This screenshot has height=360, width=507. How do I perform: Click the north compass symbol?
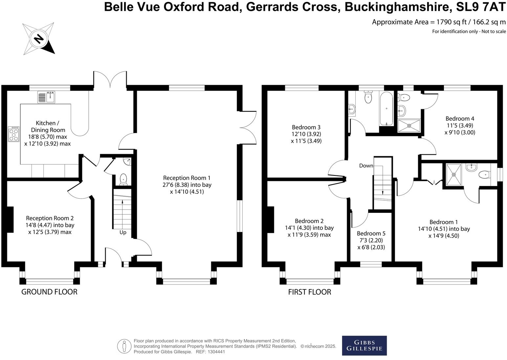click(x=39, y=39)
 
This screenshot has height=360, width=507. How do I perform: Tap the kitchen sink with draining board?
click(x=46, y=97)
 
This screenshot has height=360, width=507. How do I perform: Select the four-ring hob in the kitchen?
click(x=14, y=134)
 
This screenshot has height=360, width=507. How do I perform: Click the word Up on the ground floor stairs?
click(x=123, y=232)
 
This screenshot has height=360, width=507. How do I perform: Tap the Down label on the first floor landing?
click(x=366, y=166)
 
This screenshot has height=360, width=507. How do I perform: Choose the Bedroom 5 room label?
click(x=371, y=234)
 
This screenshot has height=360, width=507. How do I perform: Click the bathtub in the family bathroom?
click(x=386, y=109)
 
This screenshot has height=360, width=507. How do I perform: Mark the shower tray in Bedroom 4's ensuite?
click(x=409, y=125)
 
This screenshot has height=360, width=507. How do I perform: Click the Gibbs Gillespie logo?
click(x=364, y=346)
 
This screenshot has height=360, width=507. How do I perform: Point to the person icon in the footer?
click(x=124, y=346)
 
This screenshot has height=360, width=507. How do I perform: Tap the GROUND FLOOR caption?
click(x=49, y=292)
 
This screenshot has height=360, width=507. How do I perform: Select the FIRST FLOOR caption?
click(x=310, y=292)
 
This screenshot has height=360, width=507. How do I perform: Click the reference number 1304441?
click(x=215, y=352)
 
